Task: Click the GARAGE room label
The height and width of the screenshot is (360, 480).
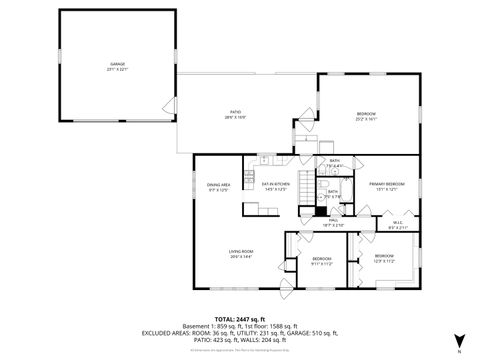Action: [x=118, y=64]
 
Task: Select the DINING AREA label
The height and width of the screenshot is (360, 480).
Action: [x=219, y=184]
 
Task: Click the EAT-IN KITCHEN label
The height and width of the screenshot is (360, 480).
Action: [x=275, y=184]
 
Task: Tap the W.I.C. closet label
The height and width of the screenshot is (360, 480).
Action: [x=397, y=223]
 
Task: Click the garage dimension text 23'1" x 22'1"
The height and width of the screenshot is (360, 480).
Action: [x=118, y=70]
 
